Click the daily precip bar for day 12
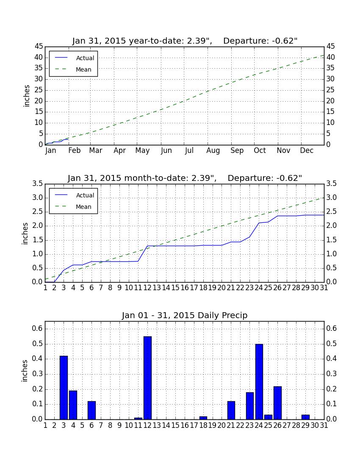147,378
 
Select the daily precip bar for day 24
259,382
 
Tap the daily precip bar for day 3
64,388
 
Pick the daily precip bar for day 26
277,403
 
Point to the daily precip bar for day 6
91,410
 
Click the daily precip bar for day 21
231,410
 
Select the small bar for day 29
305,417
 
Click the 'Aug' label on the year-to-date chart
213,151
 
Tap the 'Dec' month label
307,150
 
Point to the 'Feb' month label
74,150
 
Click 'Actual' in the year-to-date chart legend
85,58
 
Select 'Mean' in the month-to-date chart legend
83,207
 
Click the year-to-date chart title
185,41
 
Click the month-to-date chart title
185,178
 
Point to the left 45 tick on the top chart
39,46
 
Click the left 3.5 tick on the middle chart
38,184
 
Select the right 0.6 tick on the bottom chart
332,328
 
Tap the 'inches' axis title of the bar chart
25,371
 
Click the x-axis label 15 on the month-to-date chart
175,288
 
